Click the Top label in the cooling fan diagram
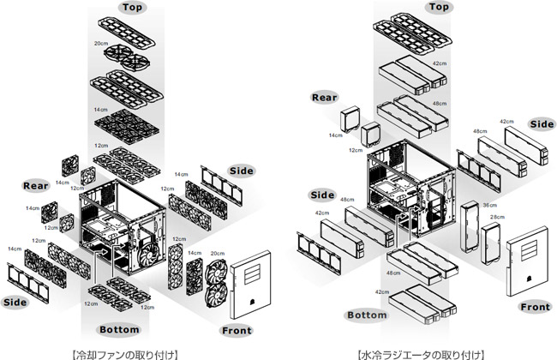(x=132, y=8)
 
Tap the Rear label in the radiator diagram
(x=324, y=98)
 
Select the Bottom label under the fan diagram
(x=119, y=330)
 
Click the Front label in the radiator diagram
(x=535, y=307)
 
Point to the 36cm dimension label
(x=490, y=206)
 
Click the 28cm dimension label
(x=497, y=217)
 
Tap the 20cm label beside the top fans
(x=101, y=44)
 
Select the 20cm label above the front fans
(x=217, y=254)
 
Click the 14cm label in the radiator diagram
(x=336, y=135)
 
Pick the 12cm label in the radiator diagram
(x=356, y=150)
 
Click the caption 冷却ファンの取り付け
(x=124, y=354)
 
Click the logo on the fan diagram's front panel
(x=253, y=302)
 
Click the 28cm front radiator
(x=490, y=243)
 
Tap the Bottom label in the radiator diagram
(x=367, y=315)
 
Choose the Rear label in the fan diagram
(x=35, y=186)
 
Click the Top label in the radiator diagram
(x=439, y=7)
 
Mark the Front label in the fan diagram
(x=237, y=331)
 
